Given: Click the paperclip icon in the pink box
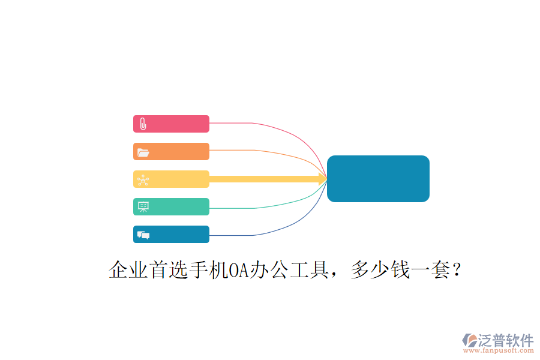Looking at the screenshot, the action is [x=143, y=124].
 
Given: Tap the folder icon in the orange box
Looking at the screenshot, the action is [x=143, y=152].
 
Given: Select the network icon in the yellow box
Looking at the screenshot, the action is [x=143, y=180].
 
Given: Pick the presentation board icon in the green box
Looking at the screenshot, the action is [x=143, y=206].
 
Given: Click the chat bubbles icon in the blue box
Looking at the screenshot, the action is [x=143, y=235].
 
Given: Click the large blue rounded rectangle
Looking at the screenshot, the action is [x=378, y=178].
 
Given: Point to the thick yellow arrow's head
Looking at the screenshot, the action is [x=323, y=179].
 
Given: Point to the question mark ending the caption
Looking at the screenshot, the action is [x=457, y=269].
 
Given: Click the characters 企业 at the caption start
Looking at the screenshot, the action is [x=128, y=269].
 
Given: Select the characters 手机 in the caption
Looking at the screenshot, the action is [x=209, y=269].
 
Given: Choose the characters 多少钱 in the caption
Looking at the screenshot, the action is [x=380, y=269].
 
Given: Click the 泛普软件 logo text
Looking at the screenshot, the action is [x=506, y=340].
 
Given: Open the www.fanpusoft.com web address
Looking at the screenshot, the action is [x=499, y=350].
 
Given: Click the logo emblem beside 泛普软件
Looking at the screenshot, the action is [x=470, y=340].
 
